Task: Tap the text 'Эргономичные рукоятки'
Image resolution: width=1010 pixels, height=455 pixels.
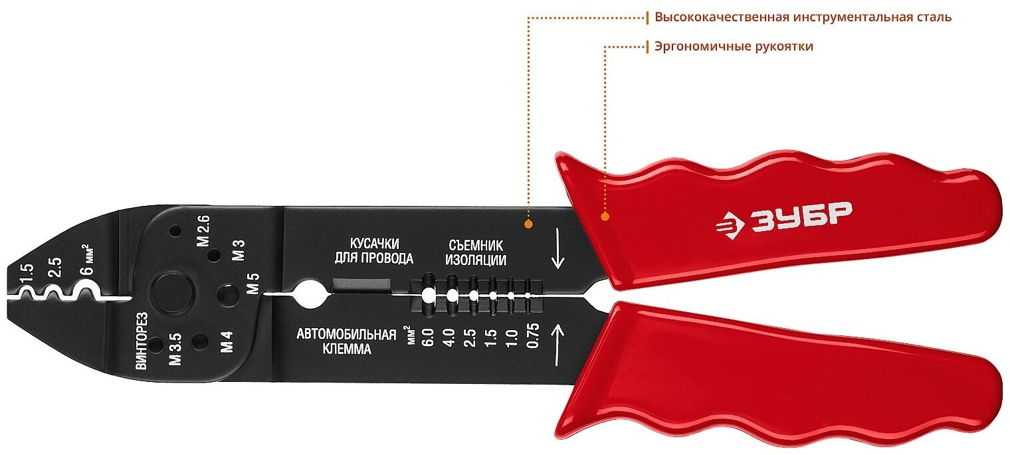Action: (734, 46)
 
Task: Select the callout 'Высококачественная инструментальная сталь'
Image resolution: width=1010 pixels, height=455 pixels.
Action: (803, 17)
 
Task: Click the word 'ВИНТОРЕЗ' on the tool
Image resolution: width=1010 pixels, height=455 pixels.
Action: (141, 340)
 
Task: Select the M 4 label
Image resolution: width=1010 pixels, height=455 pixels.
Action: (227, 345)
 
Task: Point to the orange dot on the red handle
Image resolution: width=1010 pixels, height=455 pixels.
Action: (605, 216)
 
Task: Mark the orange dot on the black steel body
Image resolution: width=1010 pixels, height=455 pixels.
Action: (528, 225)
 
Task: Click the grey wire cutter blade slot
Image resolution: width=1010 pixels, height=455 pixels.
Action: (361, 286)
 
